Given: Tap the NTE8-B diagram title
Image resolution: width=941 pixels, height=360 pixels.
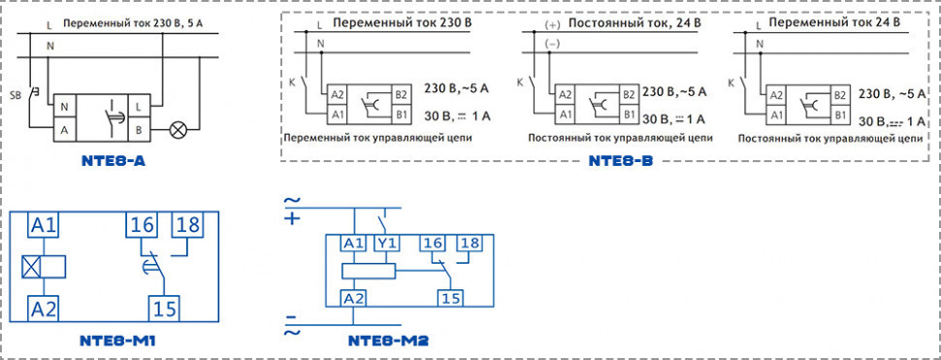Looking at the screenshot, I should pos(621,161).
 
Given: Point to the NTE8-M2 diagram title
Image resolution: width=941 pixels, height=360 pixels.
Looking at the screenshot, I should pos(388,342).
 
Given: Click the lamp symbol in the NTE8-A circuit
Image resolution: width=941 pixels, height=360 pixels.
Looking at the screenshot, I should pos(178,127).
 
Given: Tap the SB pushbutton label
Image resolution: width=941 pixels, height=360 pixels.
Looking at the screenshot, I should pos(16,96).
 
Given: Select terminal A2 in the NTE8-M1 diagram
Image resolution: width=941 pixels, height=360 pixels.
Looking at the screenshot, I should pos(43,309).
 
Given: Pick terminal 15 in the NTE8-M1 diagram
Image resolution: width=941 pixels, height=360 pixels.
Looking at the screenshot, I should pos(163,309).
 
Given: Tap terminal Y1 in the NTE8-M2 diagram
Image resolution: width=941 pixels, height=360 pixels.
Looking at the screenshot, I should pos(387,244).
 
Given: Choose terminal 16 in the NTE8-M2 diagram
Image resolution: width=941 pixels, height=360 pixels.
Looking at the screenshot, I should pos(434,244).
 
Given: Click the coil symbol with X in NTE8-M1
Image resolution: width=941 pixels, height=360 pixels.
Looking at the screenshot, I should pos(31,266).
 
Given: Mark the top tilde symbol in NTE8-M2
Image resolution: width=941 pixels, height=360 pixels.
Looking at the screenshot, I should pos(290,202).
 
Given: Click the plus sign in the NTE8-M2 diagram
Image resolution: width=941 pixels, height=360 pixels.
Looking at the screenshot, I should pos(290,219).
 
